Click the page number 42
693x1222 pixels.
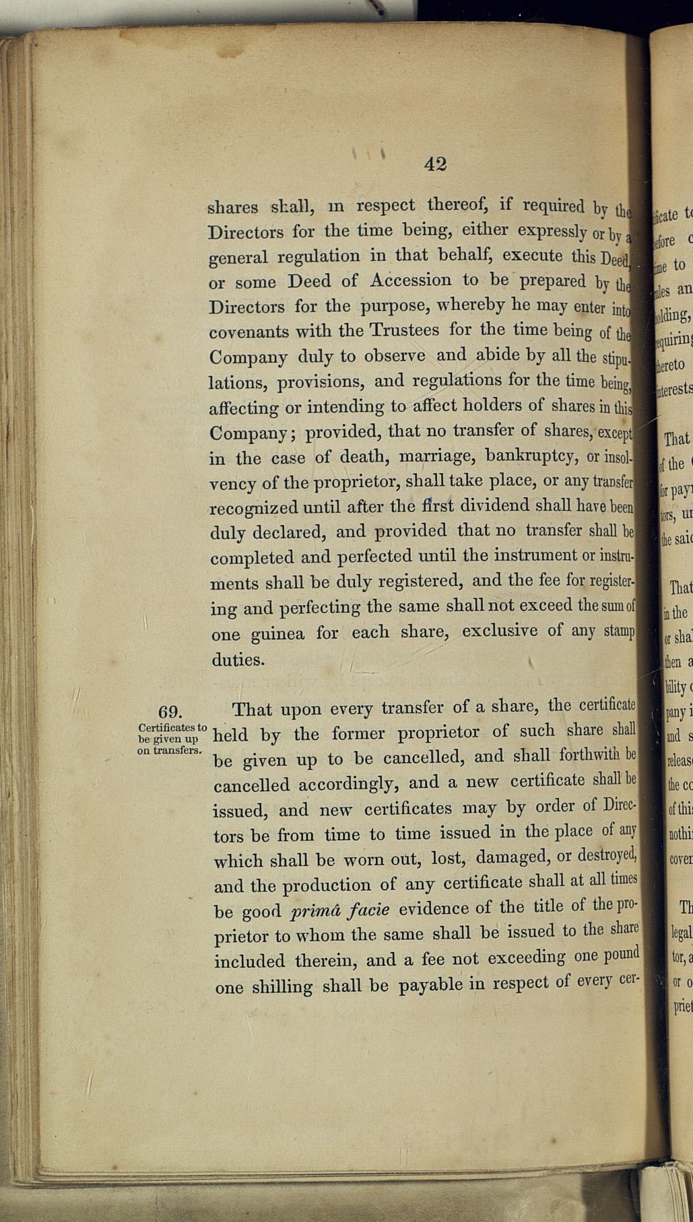point(436,164)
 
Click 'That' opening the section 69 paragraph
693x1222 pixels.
point(252,710)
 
